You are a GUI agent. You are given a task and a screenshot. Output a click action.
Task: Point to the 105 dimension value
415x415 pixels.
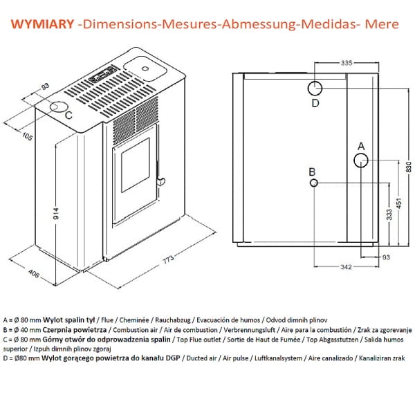pos(28,136)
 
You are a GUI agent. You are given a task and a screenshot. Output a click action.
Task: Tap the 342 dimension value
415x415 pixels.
pos(347,266)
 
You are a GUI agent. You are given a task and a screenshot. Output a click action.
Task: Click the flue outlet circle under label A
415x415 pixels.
pos(360,160)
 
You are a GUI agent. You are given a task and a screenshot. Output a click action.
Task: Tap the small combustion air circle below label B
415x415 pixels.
pos(314,183)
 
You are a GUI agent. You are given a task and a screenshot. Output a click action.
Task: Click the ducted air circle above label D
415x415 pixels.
pos(314,89)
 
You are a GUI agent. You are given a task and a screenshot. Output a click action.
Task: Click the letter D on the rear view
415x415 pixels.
pos(315,104)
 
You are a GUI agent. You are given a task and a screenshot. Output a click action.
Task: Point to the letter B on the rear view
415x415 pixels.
pos(313,172)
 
